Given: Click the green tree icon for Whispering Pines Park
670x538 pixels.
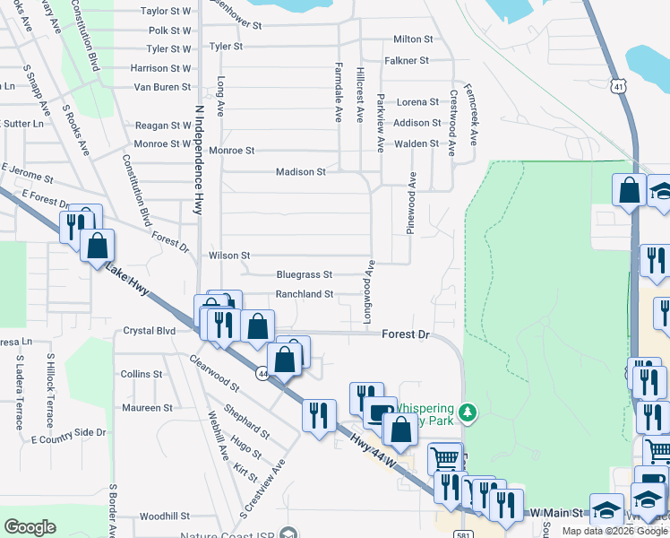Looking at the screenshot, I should click(x=466, y=412).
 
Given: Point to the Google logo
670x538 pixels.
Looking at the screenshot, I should click(x=30, y=527).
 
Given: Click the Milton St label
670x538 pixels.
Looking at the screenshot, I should click(x=413, y=39).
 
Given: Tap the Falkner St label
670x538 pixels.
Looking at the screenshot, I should click(x=408, y=60).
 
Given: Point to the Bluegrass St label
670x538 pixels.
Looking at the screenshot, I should click(x=305, y=274).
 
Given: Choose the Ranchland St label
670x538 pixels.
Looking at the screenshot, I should click(x=305, y=294).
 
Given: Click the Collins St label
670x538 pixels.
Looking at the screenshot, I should click(x=142, y=374).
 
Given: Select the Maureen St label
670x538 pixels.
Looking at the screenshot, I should click(x=148, y=408).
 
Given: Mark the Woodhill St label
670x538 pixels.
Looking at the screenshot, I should click(x=165, y=516).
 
